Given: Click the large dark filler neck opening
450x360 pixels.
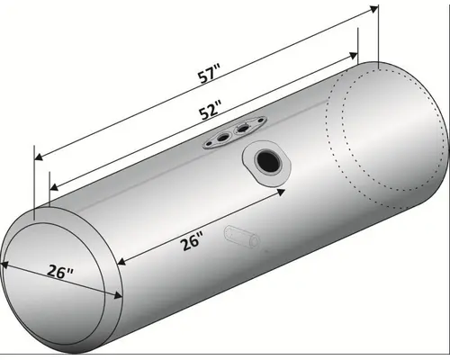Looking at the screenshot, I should tap(267, 161).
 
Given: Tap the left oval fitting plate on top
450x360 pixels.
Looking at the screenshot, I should tap(219, 139).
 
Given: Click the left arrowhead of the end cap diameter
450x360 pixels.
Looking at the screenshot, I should tap(4, 265).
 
